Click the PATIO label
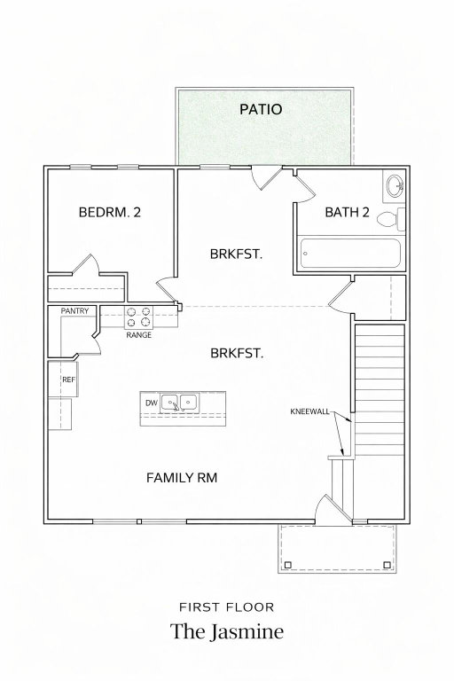click(261, 109)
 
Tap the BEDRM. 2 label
click(109, 213)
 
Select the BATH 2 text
click(347, 212)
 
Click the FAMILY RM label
click(182, 478)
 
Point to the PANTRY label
click(74, 311)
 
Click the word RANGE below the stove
click(139, 335)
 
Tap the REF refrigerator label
click(68, 380)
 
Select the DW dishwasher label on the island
click(152, 403)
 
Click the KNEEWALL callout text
click(309, 411)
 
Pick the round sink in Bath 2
click(395, 186)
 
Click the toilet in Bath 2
click(390, 219)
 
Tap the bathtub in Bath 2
click(350, 254)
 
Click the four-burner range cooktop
click(138, 317)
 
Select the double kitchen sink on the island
click(180, 403)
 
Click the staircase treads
click(380, 389)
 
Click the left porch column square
click(287, 565)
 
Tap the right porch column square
click(387, 565)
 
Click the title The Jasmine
click(227, 632)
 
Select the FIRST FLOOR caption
click(227, 607)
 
